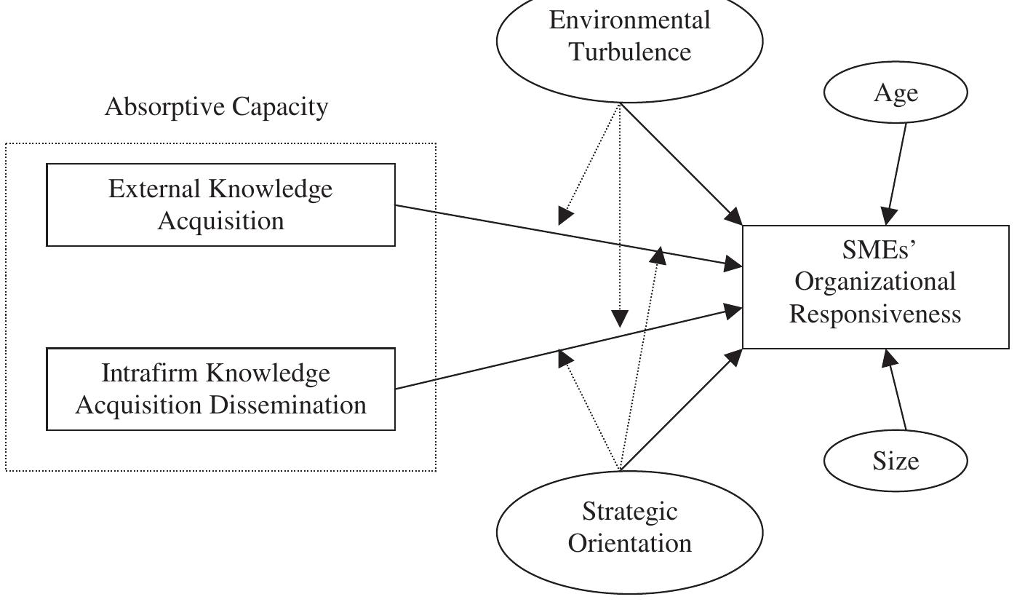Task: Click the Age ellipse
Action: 896,93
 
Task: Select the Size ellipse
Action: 896,460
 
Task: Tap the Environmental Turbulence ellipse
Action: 629,36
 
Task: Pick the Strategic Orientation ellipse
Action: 629,528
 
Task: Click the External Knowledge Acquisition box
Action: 220,205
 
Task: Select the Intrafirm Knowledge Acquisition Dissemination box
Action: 220,389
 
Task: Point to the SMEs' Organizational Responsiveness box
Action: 875,287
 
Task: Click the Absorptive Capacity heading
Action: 216,107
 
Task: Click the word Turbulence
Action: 629,52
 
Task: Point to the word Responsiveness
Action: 875,314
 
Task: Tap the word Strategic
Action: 629,512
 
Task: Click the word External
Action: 155,189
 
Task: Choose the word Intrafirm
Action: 150,373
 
